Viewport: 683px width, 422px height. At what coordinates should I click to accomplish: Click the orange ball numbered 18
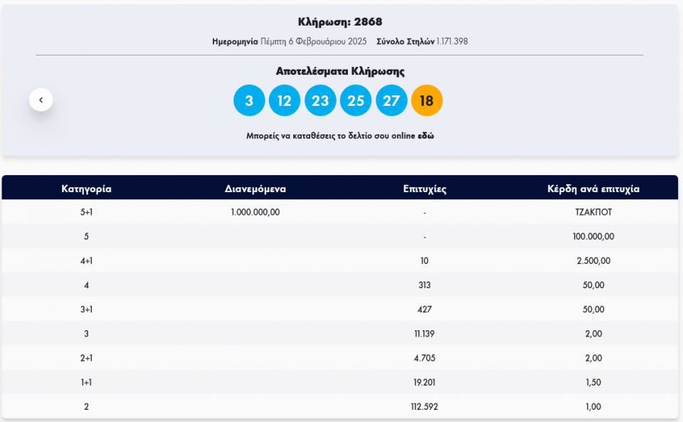click(x=427, y=100)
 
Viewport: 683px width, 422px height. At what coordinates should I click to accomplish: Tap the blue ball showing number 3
click(x=249, y=100)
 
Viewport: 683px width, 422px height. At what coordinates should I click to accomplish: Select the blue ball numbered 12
click(x=285, y=100)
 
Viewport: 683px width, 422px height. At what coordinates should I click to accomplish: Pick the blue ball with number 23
click(x=320, y=100)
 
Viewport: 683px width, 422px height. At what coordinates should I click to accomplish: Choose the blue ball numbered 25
click(x=356, y=100)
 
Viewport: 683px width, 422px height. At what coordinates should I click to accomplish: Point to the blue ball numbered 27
click(x=391, y=100)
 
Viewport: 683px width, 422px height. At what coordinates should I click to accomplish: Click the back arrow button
click(x=41, y=100)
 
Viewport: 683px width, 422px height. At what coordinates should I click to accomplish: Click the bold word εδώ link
click(x=425, y=135)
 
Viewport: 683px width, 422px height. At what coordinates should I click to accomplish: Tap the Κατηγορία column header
click(x=86, y=189)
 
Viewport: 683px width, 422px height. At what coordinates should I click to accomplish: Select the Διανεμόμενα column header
click(x=255, y=189)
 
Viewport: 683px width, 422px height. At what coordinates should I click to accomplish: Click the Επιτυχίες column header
click(x=425, y=189)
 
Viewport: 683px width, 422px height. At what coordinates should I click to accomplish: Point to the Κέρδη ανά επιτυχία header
click(x=593, y=189)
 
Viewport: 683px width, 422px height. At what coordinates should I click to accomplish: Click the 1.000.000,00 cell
click(x=255, y=212)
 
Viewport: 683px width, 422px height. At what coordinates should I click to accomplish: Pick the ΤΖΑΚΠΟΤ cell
click(x=593, y=212)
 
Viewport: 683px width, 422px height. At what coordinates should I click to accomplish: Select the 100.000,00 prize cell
click(x=593, y=236)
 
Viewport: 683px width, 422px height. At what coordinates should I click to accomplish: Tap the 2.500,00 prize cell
click(x=593, y=260)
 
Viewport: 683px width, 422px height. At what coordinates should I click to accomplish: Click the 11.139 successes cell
click(x=425, y=333)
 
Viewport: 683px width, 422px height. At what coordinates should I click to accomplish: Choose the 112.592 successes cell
click(x=425, y=406)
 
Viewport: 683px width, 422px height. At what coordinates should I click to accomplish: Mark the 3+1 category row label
click(x=86, y=309)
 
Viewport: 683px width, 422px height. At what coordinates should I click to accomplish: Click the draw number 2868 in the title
click(x=368, y=22)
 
